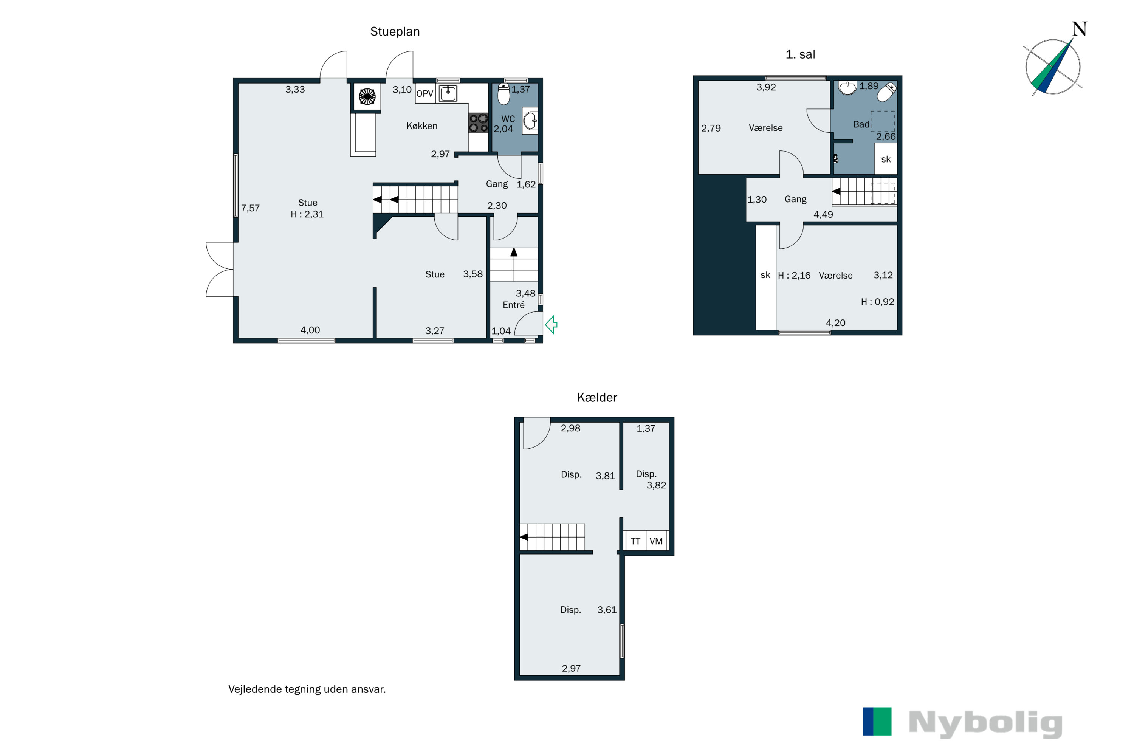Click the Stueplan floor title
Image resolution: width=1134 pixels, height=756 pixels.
[395, 32]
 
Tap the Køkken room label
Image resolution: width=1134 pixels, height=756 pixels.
[422, 126]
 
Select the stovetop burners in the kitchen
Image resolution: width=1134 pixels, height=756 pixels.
[478, 123]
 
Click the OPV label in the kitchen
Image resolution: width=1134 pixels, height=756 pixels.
[425, 93]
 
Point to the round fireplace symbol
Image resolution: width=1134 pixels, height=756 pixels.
[367, 96]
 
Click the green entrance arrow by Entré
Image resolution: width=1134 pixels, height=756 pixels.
[551, 324]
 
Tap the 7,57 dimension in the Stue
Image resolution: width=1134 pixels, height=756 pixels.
[250, 208]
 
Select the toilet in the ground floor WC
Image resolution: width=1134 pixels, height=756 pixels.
[504, 94]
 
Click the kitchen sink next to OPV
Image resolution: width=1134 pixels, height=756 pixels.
[448, 93]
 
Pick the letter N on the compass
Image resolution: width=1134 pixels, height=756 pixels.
[1080, 29]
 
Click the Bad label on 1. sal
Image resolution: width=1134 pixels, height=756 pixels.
[861, 124]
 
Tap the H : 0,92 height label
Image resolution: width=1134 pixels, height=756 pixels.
[877, 302]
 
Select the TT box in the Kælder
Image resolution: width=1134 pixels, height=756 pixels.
[635, 541]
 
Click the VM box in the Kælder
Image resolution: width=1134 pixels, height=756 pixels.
[657, 541]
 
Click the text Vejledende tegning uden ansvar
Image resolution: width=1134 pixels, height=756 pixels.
[307, 689]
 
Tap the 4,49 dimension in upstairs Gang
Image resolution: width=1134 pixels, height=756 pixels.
[823, 215]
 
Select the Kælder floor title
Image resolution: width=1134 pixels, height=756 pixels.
[597, 397]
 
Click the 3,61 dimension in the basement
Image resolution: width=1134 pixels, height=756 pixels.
[607, 610]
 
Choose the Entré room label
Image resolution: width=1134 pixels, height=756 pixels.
[513, 305]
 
